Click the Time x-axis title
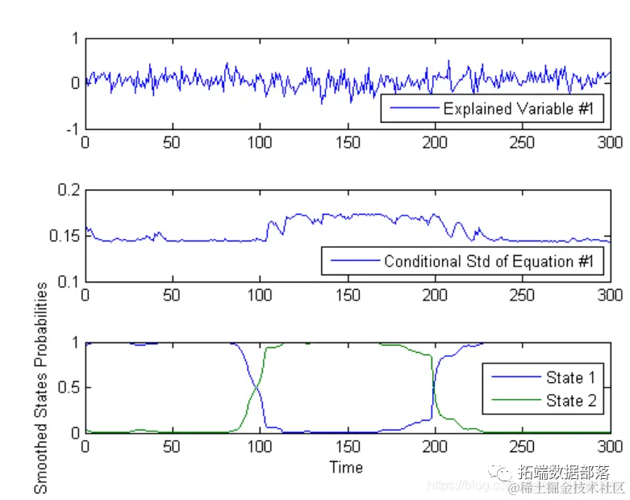coord(346,467)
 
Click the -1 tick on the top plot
coord(71,128)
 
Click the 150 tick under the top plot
coord(348,143)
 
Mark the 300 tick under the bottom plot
coord(610,447)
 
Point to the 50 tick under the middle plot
coord(172,296)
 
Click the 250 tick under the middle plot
coord(523,296)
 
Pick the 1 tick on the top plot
coord(75,38)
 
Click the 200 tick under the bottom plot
coord(435,447)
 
